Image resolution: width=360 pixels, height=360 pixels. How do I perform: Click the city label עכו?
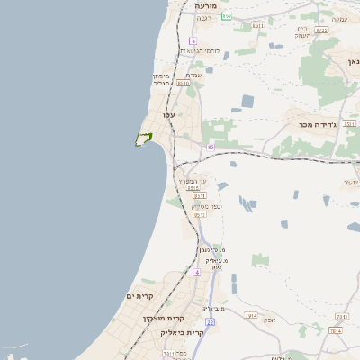point(168,115)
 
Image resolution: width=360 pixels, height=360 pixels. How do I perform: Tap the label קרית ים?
point(141,296)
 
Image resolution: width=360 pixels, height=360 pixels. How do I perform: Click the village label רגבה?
point(229,16)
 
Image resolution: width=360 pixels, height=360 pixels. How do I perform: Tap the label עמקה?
point(339,19)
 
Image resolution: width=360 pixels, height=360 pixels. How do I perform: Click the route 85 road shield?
point(211,146)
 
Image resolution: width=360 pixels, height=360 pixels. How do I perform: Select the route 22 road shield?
point(210,321)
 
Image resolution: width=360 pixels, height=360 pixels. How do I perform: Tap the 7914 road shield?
point(251,316)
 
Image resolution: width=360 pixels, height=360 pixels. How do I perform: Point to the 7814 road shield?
point(335,330)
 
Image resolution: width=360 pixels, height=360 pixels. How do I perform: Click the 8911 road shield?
point(257,26)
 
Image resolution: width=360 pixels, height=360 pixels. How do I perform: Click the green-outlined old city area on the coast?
point(142,139)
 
